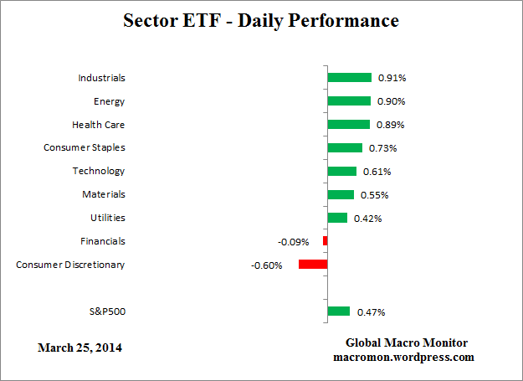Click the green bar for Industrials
coord(349,78)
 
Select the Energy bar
coord(349,101)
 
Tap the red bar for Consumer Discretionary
coord(313,265)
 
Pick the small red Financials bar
coord(325,241)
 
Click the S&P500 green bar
coord(338,311)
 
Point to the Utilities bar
coord(337,218)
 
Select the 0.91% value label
coord(392,78)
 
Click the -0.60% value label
coord(267,265)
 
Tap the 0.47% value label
coord(372,312)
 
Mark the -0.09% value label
coord(293,242)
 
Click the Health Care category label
coord(99,124)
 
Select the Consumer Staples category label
coord(85,147)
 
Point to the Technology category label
coord(99,171)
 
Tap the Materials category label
coord(103,194)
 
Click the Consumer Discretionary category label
coord(70,265)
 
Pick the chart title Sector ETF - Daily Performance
coord(261,19)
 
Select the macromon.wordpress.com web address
coord(403,357)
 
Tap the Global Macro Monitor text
coord(407,343)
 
